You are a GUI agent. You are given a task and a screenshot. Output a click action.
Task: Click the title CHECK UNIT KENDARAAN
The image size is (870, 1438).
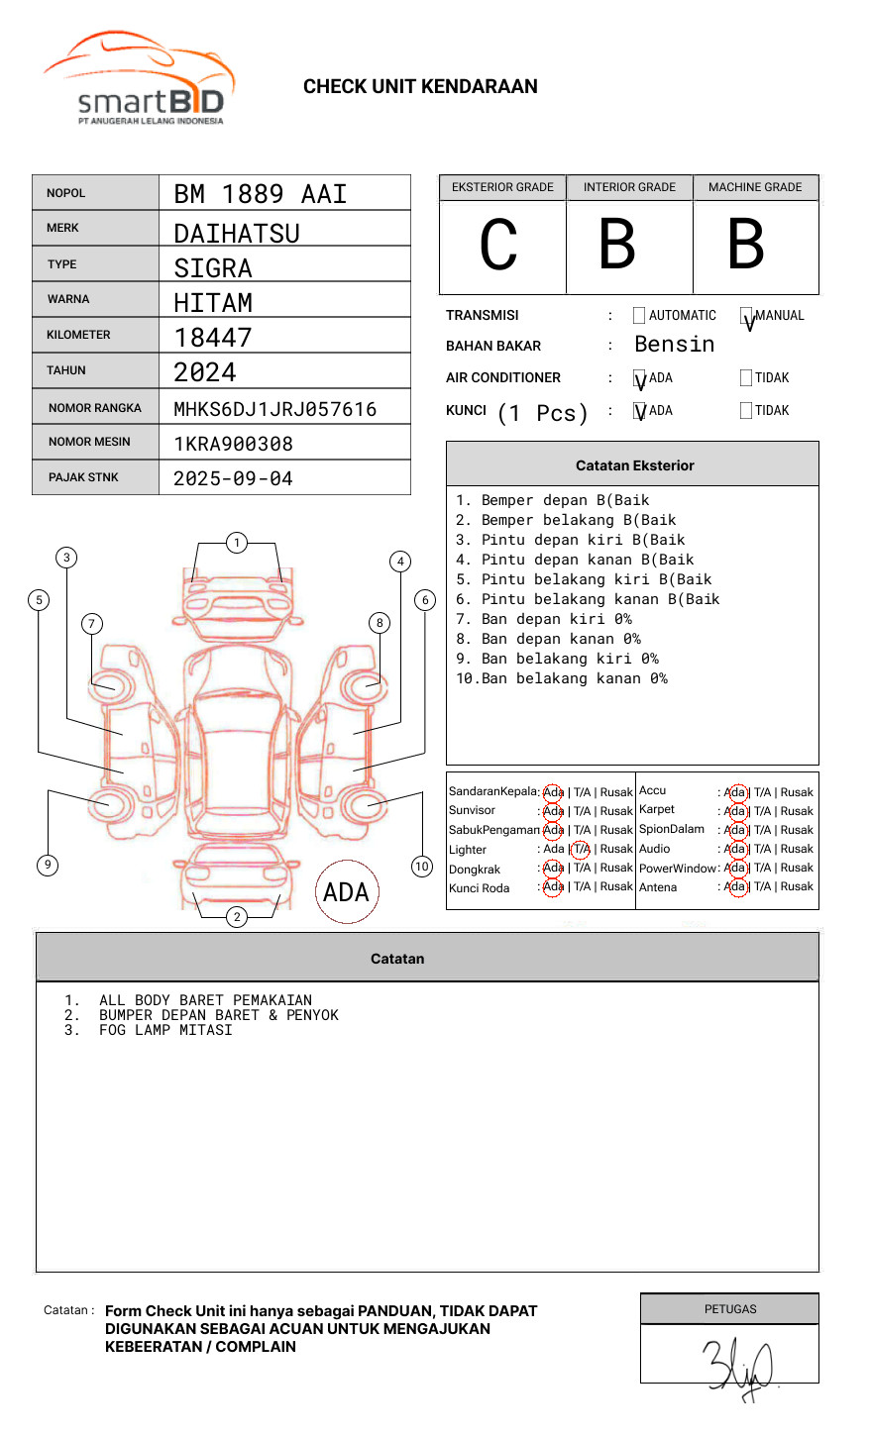coord(420,87)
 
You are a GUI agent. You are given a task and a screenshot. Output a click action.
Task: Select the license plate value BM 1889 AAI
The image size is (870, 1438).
coord(260,194)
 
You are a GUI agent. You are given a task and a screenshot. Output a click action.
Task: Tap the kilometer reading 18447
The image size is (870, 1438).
coord(213,338)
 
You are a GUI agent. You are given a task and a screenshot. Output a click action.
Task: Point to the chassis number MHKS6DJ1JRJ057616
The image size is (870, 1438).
coord(274,409)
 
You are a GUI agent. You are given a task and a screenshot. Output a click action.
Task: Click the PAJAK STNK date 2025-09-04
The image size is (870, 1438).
coord(233,478)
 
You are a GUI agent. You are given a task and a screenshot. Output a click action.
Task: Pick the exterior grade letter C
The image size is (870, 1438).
coord(498,246)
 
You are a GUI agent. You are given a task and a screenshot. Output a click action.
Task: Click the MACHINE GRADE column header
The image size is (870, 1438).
coord(755,187)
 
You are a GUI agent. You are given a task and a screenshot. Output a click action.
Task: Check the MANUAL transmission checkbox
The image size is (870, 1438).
coord(746,317)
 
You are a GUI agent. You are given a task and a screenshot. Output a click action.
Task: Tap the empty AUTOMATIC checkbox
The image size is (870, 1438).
coord(639,316)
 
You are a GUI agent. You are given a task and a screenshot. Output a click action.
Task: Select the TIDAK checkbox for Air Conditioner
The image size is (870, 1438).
coord(746,378)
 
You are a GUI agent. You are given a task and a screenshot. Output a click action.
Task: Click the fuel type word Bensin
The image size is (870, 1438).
coord(674,345)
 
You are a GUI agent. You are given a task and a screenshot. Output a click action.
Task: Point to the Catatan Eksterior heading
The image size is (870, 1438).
coord(634,465)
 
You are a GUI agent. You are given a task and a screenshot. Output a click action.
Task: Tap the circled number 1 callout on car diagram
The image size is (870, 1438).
coord(236,543)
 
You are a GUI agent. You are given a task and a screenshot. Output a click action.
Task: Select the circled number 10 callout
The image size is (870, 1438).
coord(422,867)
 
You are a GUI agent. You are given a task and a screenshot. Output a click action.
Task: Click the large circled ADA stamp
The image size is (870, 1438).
coord(347,892)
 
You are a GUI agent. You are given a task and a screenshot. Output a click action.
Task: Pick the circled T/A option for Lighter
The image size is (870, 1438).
coord(581,849)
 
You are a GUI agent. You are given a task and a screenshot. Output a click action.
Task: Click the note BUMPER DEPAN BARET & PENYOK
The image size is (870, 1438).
coord(218,1015)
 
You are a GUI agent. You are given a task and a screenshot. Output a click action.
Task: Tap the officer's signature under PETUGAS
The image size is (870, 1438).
coord(737,1367)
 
